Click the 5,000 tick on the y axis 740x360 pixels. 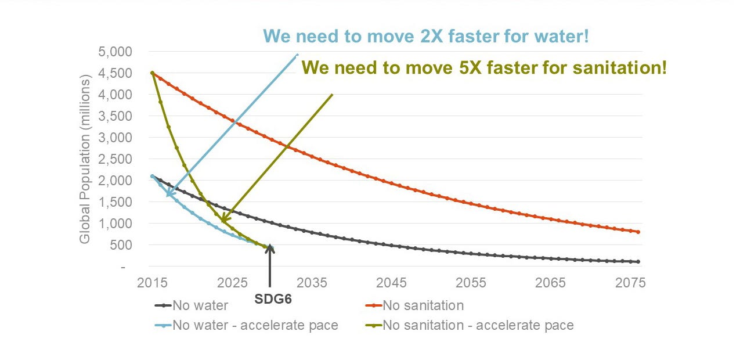[115, 52]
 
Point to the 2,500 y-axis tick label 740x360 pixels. [115, 159]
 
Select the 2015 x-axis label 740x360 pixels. [152, 283]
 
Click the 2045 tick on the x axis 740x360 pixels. [391, 283]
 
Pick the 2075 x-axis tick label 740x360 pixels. [630, 283]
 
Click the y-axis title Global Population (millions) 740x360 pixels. [85, 159]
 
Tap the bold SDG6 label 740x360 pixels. [273, 299]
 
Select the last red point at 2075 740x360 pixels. [638, 232]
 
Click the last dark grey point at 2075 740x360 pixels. [638, 262]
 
